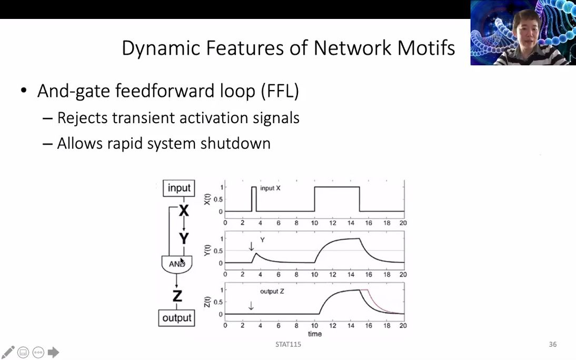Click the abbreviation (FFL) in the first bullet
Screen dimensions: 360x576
tap(280, 91)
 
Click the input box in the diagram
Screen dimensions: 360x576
tap(179, 188)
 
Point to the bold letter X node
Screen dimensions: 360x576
tap(183, 211)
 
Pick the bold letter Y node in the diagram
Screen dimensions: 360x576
tap(183, 239)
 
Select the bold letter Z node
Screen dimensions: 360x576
tap(177, 296)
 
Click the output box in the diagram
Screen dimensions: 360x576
tap(177, 318)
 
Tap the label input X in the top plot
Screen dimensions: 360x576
tap(270, 188)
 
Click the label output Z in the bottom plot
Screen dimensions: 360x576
tap(272, 291)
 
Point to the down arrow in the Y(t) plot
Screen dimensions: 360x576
tap(251, 246)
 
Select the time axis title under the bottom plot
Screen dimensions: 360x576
tap(314, 334)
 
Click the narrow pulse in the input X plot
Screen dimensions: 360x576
tap(254, 199)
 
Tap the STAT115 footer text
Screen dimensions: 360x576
tap(288, 345)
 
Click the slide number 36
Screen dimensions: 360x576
tap(552, 345)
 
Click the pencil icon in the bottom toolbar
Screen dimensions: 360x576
tap(8, 352)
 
